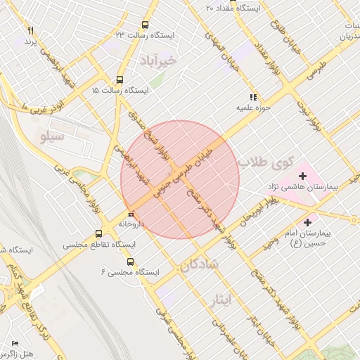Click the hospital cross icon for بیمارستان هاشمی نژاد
[x=303, y=175]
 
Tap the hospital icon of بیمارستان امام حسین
[x=307, y=223]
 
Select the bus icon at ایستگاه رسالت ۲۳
[x=145, y=24]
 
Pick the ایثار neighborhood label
[x=220, y=301]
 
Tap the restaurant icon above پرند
[x=30, y=31]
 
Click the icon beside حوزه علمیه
[x=252, y=97]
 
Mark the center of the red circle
[x=180, y=179]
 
